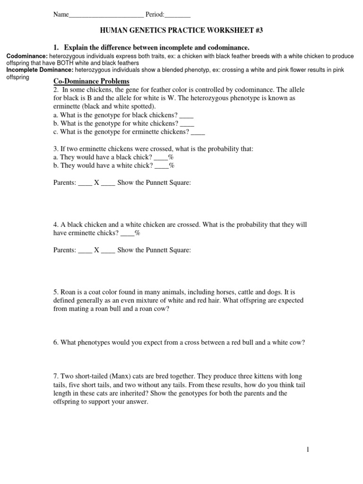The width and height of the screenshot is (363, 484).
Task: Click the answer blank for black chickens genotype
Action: [x=187, y=116]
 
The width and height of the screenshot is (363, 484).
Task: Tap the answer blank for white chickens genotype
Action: [x=188, y=124]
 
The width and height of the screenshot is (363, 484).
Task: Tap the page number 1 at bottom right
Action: [x=308, y=449]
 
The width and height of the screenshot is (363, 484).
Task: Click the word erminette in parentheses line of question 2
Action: [x=66, y=107]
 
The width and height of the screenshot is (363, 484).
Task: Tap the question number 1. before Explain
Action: [x=56, y=48]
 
